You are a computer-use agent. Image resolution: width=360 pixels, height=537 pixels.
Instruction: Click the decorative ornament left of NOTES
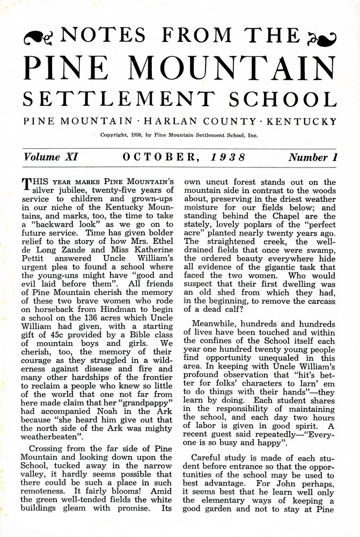[39, 37]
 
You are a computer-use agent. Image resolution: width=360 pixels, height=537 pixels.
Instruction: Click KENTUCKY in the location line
[298, 121]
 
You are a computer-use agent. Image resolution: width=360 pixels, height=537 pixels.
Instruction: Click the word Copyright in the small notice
[114, 135]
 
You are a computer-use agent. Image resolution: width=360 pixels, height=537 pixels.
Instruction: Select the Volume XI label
[51, 157]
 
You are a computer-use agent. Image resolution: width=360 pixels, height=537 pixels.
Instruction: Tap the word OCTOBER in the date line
[159, 157]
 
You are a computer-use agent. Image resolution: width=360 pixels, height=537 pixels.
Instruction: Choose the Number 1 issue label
[312, 157]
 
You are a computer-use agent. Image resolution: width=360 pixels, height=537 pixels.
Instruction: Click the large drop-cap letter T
[26, 185]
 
